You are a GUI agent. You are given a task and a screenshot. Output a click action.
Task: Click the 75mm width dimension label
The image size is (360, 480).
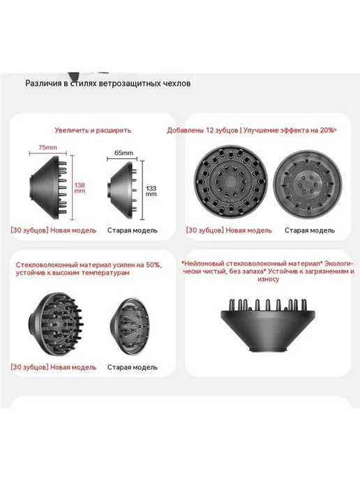(47, 147)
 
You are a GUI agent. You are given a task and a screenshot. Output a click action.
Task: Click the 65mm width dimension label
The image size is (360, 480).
(123, 153)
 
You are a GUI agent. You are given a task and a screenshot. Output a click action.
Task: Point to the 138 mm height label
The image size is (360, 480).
(80, 188)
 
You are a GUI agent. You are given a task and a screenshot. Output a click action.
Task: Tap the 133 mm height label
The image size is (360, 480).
(151, 191)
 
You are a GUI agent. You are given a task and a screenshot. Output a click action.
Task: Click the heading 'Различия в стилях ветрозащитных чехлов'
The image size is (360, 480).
(107, 83)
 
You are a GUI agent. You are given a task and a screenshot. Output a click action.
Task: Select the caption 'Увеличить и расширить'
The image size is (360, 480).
(93, 130)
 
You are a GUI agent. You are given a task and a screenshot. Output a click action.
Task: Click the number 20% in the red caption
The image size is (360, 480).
(327, 130)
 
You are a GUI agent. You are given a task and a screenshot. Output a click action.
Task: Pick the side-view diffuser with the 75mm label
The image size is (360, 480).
(48, 187)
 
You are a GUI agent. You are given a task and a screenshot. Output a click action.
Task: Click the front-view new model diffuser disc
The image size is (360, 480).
(230, 182)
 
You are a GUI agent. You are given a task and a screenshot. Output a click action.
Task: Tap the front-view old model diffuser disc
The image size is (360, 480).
(308, 185)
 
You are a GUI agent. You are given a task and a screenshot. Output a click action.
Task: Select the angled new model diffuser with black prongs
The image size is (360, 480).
(55, 324)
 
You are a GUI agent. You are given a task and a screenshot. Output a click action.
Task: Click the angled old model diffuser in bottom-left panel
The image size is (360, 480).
(130, 327)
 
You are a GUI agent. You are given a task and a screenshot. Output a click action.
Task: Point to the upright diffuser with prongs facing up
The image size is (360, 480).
(268, 326)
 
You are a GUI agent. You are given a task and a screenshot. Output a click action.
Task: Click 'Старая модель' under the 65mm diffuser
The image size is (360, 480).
(133, 230)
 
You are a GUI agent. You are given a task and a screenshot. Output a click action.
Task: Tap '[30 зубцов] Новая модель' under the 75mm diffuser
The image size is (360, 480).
(54, 230)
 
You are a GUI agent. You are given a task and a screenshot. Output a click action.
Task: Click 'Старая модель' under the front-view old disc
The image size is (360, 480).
(310, 230)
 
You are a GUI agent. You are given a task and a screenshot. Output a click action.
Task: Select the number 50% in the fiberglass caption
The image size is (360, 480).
(153, 265)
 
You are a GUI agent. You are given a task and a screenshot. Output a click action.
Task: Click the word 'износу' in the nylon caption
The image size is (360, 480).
(268, 280)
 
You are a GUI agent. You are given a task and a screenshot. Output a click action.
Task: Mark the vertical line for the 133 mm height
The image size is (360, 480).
(142, 190)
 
